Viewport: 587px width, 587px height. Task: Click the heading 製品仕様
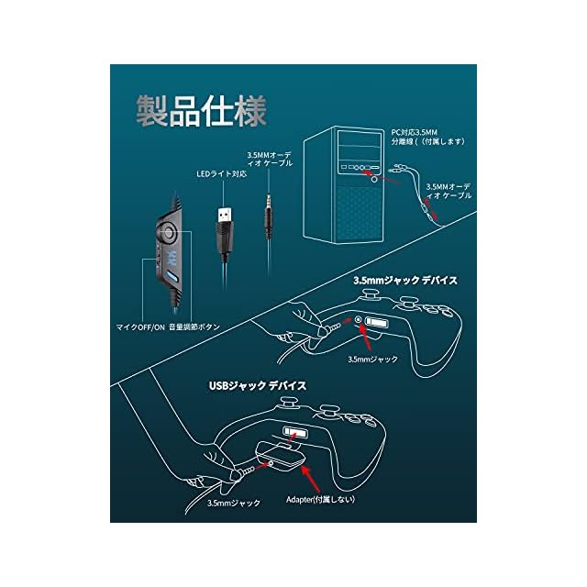coord(201,112)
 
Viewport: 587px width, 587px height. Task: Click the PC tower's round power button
coord(374,180)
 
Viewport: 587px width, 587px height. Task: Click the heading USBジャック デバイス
coord(255,387)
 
